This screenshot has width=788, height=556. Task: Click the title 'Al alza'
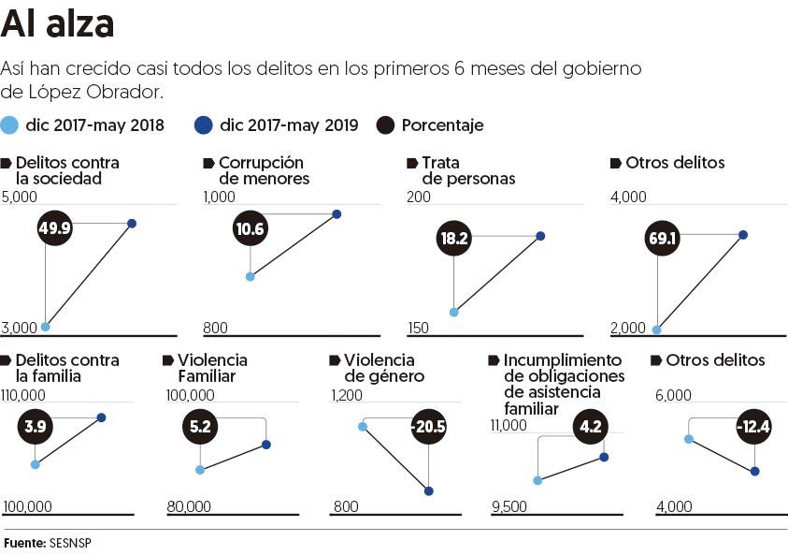tap(58, 25)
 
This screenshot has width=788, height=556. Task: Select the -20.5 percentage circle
tap(426, 427)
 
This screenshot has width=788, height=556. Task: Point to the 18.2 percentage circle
tap(454, 239)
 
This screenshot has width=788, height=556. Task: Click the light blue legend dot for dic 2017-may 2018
tap(10, 125)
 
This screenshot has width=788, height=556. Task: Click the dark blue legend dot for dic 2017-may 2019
tap(203, 125)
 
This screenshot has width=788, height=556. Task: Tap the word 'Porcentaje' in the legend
tap(442, 125)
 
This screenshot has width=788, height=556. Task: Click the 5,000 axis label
tap(20, 197)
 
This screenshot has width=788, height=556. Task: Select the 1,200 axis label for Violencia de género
tap(347, 395)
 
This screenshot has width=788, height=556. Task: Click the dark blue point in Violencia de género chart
tap(429, 490)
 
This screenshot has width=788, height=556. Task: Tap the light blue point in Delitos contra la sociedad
tap(45, 327)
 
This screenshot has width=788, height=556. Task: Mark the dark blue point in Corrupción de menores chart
tap(337, 214)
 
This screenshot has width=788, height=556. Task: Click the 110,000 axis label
tap(27, 395)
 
